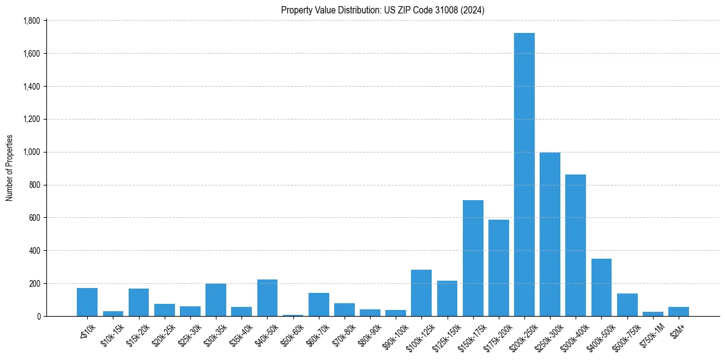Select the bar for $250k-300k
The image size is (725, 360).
tap(550, 234)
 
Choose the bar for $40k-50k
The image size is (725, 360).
tap(267, 298)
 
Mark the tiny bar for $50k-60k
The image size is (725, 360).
tap(293, 315)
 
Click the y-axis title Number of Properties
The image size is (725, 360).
tap(9, 168)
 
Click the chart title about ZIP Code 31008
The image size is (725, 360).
tap(382, 10)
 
